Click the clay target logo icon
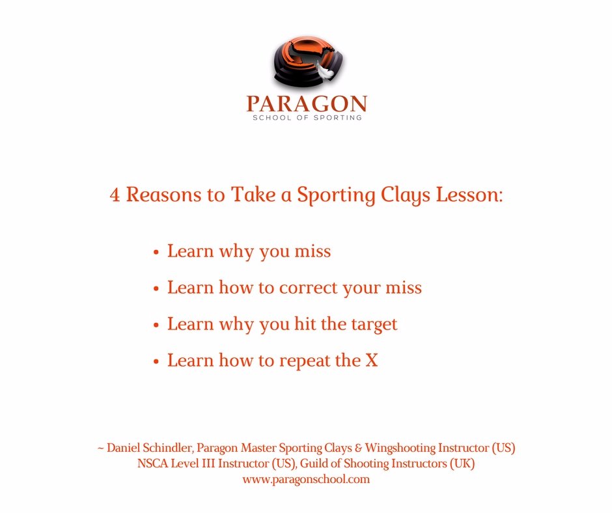click(x=306, y=64)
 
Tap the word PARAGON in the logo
click(x=306, y=104)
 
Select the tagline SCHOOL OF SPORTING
click(x=306, y=118)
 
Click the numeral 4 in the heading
click(x=115, y=195)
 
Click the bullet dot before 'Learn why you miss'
click(x=156, y=252)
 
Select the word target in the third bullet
click(x=374, y=324)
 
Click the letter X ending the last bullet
click(x=372, y=360)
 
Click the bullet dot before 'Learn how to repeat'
click(x=156, y=361)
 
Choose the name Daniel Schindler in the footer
click(x=149, y=449)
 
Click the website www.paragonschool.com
click(x=306, y=479)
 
